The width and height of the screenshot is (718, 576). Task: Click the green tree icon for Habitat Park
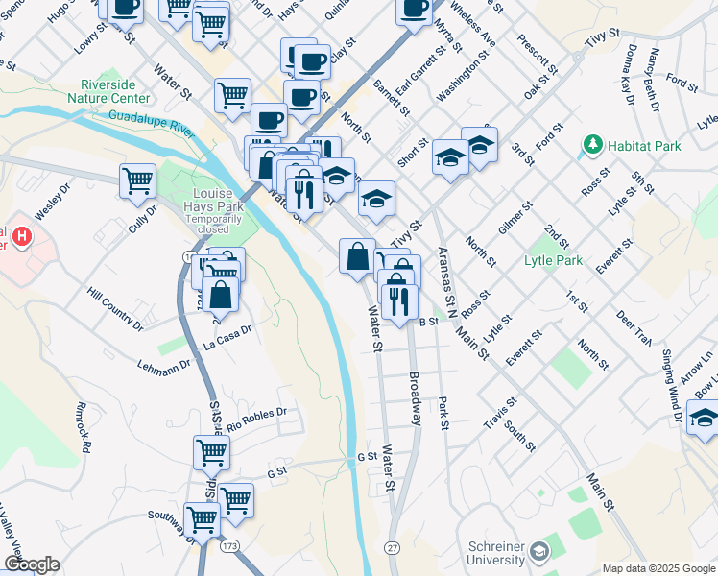pos(593,145)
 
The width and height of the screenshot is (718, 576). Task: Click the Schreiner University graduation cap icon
pos(538,551)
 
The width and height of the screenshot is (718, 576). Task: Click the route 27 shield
pos(393,546)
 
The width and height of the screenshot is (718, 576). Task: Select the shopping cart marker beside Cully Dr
pos(137,180)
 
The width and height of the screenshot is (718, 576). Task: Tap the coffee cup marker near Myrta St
pos(415,9)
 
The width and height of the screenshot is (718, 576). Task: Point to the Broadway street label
pos(416,398)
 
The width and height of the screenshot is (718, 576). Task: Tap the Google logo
pos(32,564)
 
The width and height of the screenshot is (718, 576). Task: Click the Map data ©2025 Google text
pos(658,568)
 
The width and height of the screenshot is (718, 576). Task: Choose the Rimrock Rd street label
pos(84,428)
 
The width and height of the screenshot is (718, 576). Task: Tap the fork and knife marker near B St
pos(397,300)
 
